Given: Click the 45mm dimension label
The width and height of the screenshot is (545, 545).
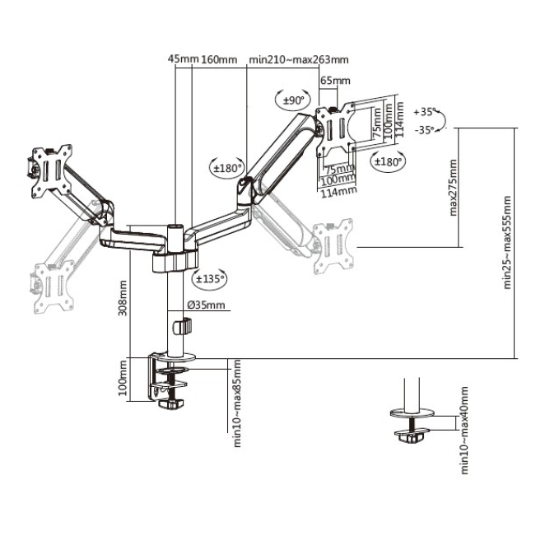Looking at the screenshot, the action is pyautogui.click(x=183, y=59).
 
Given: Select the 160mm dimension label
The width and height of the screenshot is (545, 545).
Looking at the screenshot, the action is pyautogui.click(x=219, y=60).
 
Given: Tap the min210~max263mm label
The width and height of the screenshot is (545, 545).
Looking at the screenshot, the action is pyautogui.click(x=299, y=60).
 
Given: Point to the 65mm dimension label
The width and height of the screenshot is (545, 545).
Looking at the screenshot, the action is pyautogui.click(x=335, y=81).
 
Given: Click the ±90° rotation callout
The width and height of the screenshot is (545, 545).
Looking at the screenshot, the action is pyautogui.click(x=293, y=100).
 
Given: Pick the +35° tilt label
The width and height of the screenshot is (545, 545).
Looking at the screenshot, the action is pyautogui.click(x=424, y=112).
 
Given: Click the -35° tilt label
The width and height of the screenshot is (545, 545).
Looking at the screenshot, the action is pyautogui.click(x=424, y=130).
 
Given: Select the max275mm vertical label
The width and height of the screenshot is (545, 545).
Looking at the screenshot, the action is pyautogui.click(x=454, y=188).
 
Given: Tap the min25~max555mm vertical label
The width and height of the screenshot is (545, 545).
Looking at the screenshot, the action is pyautogui.click(x=507, y=243).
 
